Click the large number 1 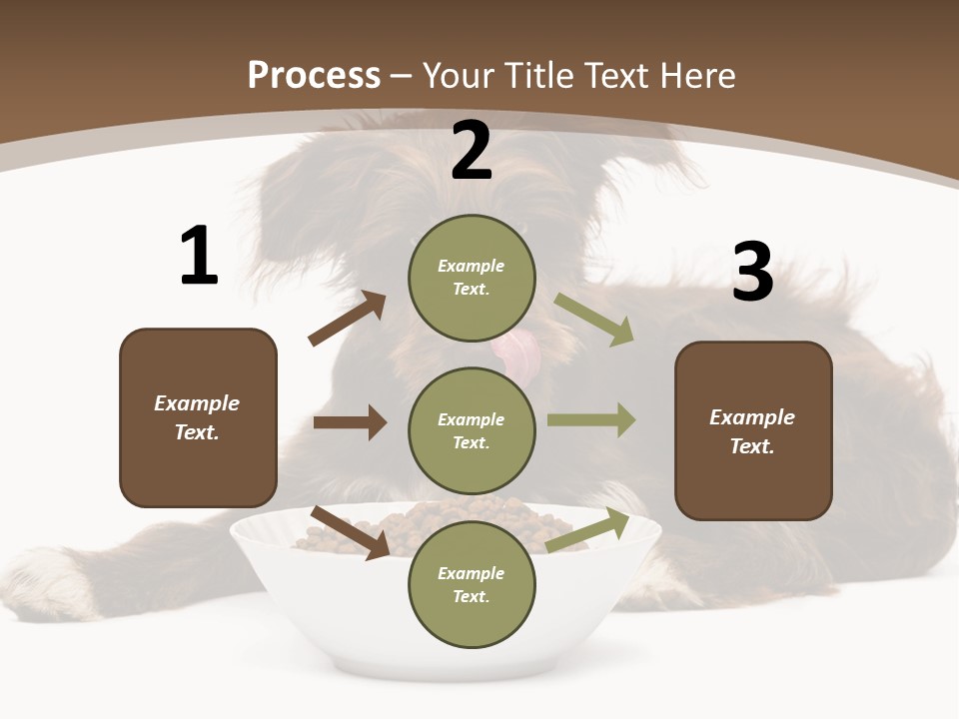click(x=199, y=257)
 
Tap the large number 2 click(x=472, y=152)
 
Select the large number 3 click(x=752, y=273)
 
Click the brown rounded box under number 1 click(x=198, y=417)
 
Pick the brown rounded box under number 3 click(x=753, y=430)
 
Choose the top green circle click(x=472, y=278)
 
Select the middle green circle click(x=472, y=430)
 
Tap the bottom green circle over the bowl click(x=472, y=584)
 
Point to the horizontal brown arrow click(x=350, y=422)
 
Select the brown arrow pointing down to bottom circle click(x=350, y=532)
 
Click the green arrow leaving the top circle click(x=593, y=319)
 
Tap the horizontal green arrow click(x=591, y=420)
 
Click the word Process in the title click(x=314, y=76)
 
